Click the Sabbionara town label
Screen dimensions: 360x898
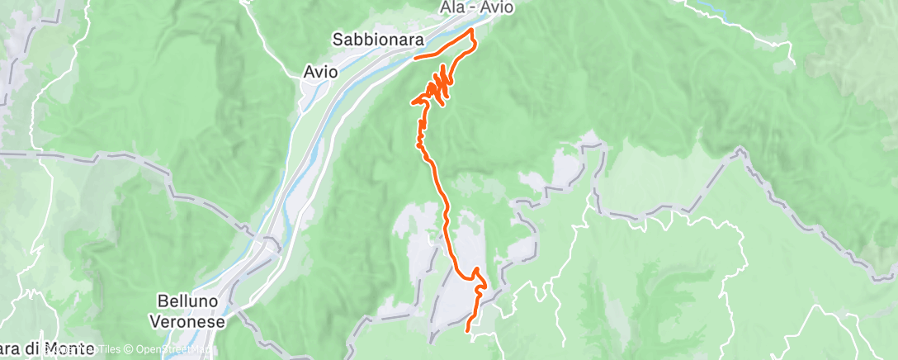378,39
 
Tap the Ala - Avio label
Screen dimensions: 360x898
475,8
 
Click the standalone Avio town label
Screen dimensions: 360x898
320,72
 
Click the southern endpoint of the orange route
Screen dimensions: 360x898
468,330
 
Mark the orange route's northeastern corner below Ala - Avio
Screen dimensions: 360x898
472,30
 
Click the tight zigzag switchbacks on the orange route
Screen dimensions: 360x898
440,85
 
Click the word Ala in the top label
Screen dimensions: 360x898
448,8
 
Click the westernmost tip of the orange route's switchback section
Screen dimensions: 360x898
412,102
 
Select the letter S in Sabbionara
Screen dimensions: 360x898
338,39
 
